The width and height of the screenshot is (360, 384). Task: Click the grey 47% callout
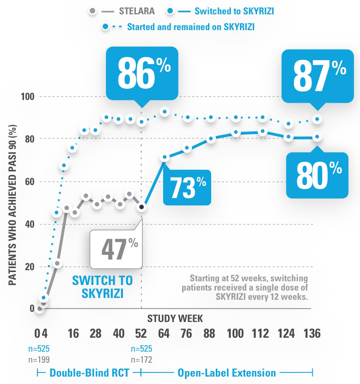[114, 248]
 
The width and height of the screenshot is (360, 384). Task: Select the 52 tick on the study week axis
[141, 334]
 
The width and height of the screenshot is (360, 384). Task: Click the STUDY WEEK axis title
[175, 318]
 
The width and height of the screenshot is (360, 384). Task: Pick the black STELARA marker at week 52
[142, 207]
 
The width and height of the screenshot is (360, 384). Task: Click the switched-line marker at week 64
[164, 158]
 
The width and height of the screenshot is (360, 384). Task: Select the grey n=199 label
[39, 359]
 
